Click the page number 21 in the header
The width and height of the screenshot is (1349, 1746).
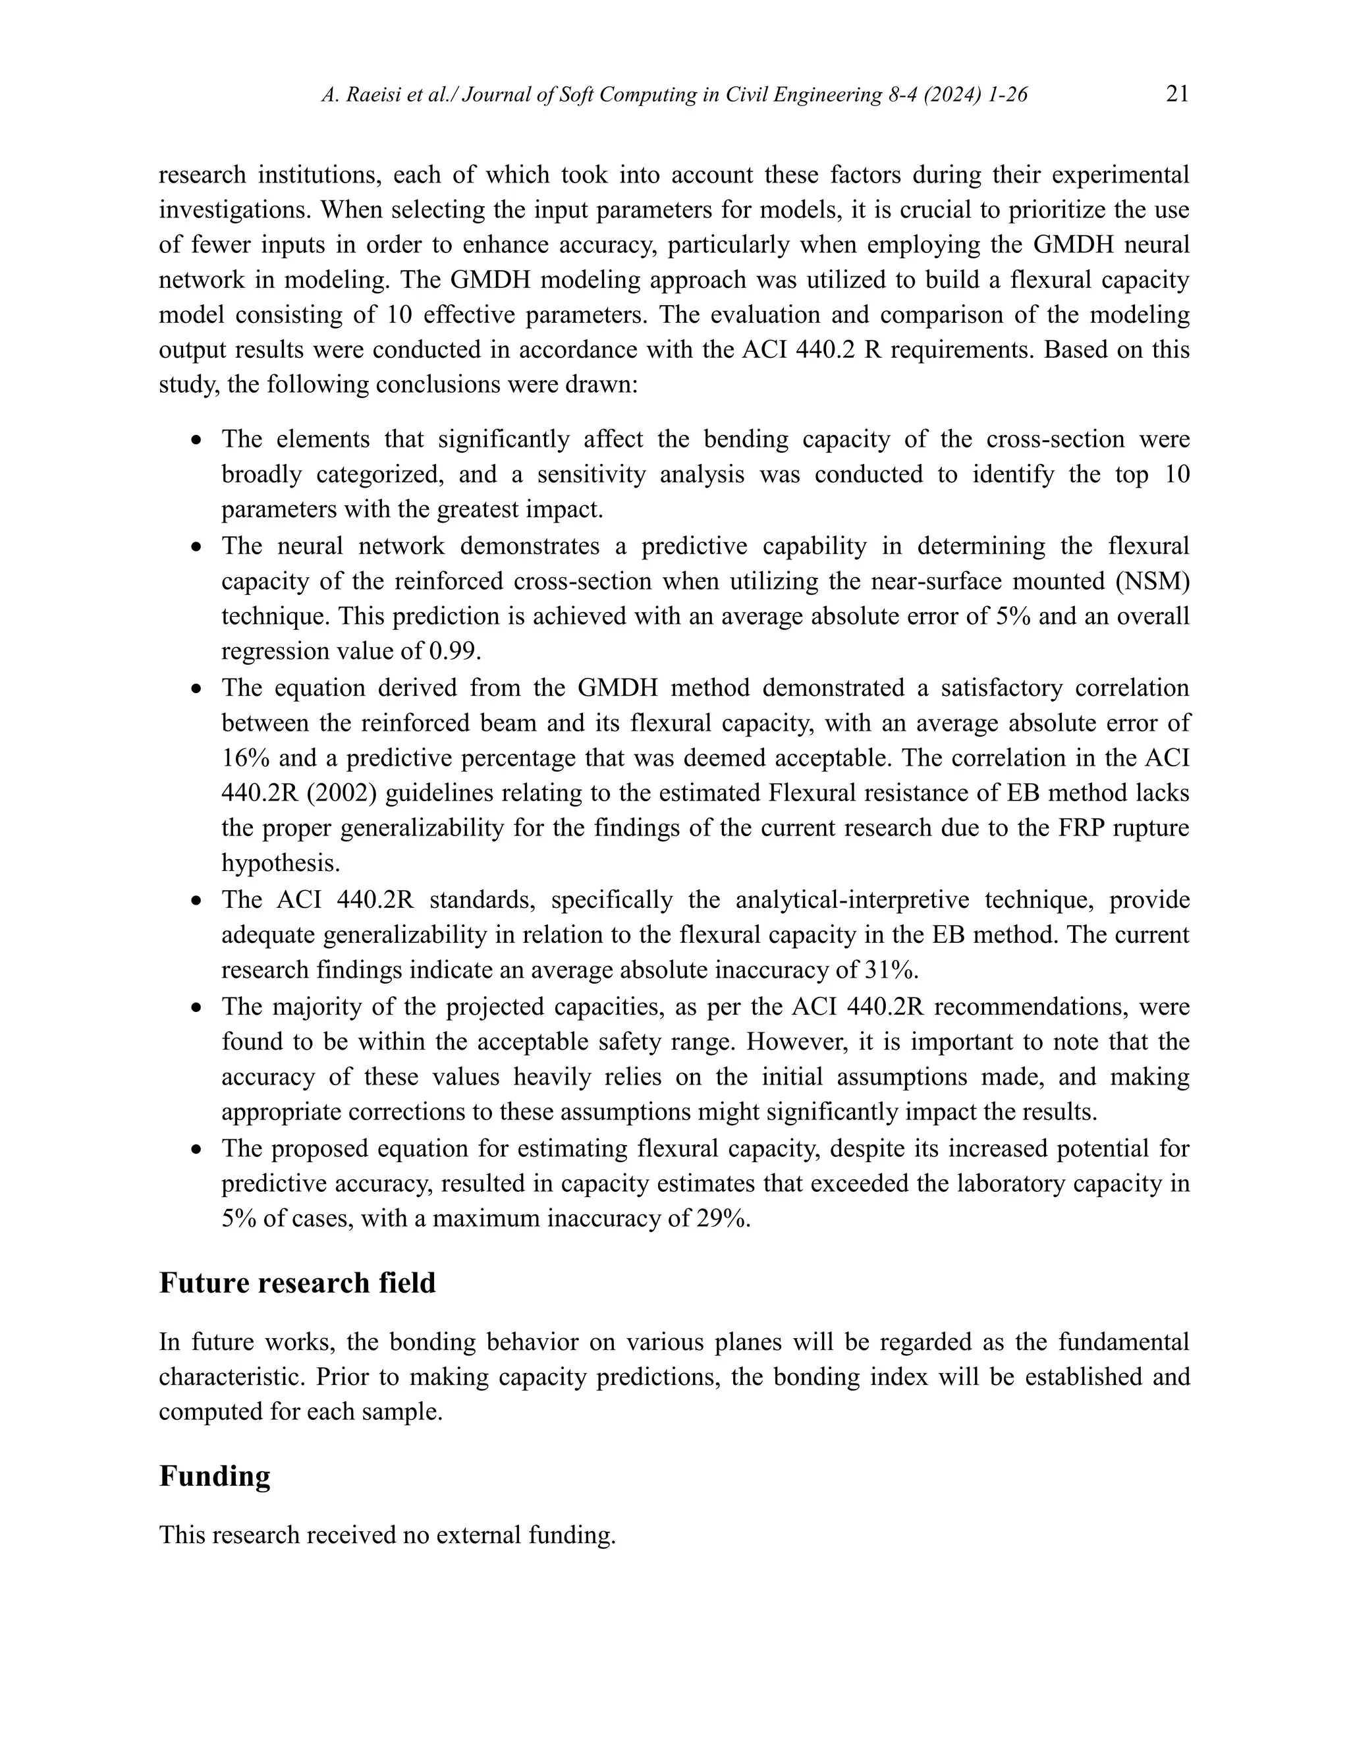pos(1176,94)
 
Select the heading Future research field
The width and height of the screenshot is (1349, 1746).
pos(297,1283)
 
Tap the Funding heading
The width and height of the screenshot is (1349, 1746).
pos(214,1477)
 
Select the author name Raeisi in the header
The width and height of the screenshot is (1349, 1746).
pos(373,95)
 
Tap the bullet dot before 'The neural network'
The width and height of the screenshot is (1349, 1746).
pos(196,548)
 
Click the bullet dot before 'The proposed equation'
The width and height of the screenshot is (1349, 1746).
pos(196,1150)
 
